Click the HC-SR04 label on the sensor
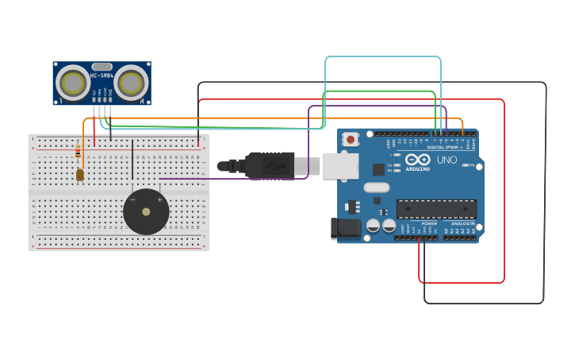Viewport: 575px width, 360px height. coord(102,75)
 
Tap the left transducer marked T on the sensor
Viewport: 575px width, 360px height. coord(73,83)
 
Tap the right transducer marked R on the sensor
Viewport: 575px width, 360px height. coord(131,83)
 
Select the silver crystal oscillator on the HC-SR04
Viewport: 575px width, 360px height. coord(102,67)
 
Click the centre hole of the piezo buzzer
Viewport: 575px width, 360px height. coord(146,211)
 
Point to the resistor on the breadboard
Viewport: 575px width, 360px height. coord(78,152)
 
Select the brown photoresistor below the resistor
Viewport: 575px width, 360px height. coord(80,175)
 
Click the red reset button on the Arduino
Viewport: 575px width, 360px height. coord(351,139)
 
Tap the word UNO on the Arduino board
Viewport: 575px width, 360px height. coord(447,160)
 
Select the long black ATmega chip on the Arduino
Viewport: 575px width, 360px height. coord(436,209)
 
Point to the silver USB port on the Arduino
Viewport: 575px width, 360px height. coord(340,166)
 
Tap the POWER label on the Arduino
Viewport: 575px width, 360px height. coord(429,224)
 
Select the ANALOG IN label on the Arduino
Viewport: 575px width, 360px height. coord(462,224)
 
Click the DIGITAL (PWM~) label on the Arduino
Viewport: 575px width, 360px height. coord(446,147)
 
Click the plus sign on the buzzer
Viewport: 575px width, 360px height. coord(159,199)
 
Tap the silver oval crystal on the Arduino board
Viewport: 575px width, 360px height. coord(378,188)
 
